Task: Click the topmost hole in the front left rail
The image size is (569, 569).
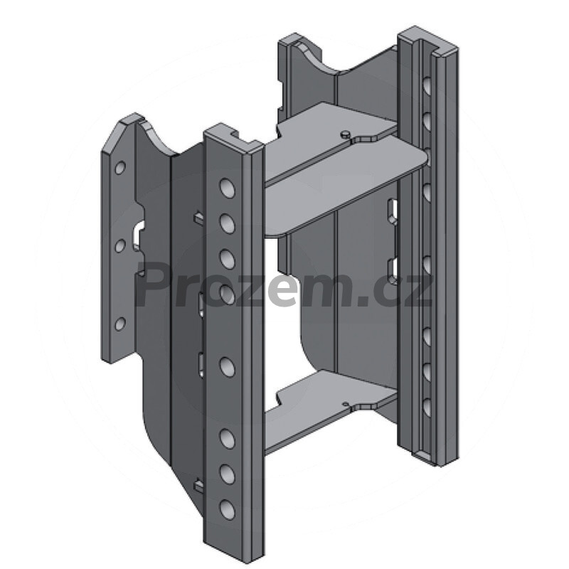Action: (x=227, y=188)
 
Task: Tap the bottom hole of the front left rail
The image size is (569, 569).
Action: (x=227, y=509)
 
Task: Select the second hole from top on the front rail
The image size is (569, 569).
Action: (x=227, y=223)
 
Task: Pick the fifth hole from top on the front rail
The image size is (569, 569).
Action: (x=227, y=367)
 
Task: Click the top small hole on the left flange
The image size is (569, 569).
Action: (x=120, y=168)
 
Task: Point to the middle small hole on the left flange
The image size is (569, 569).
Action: (x=120, y=246)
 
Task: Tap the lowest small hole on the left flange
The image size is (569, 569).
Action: (x=120, y=324)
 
